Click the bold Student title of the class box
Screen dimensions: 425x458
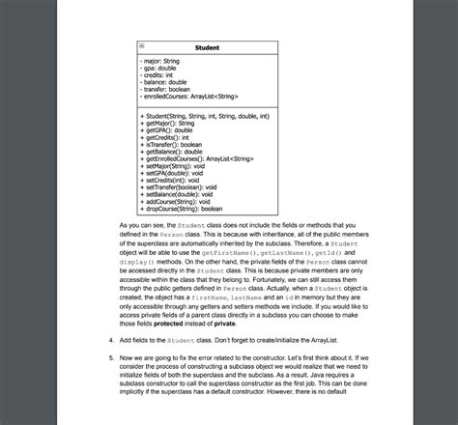[207, 47]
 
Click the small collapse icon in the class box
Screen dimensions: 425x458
[142, 45]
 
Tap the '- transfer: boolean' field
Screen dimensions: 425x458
[167, 89]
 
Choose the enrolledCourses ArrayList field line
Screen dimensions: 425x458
[189, 96]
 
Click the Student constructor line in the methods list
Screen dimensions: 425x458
[205, 116]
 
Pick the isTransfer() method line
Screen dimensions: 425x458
[174, 144]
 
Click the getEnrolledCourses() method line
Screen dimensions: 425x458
[197, 158]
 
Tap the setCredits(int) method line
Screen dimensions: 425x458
[175, 180]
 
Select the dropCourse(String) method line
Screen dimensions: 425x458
[184, 208]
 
